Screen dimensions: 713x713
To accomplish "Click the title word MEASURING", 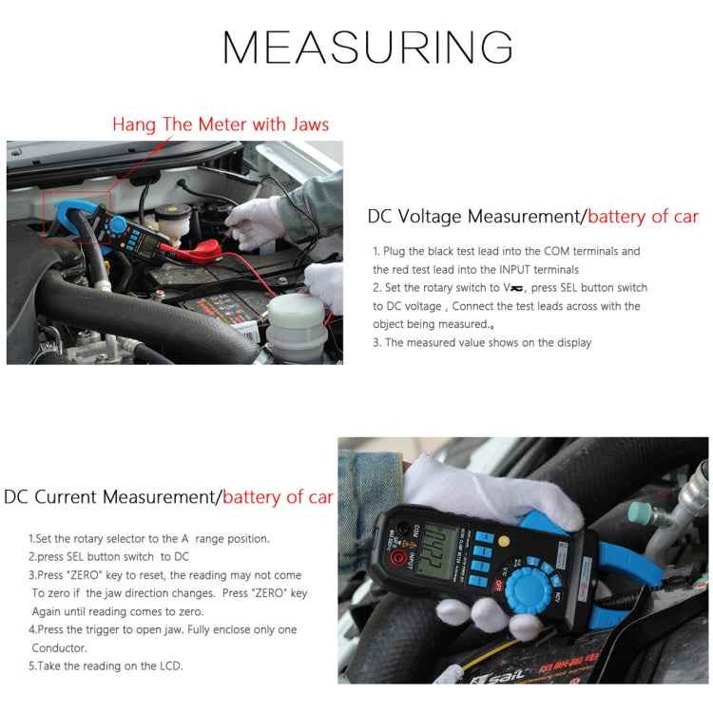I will coord(367,47).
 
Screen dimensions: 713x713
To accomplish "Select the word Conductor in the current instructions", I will coord(60,647).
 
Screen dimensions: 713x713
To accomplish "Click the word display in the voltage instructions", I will coord(573,342).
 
